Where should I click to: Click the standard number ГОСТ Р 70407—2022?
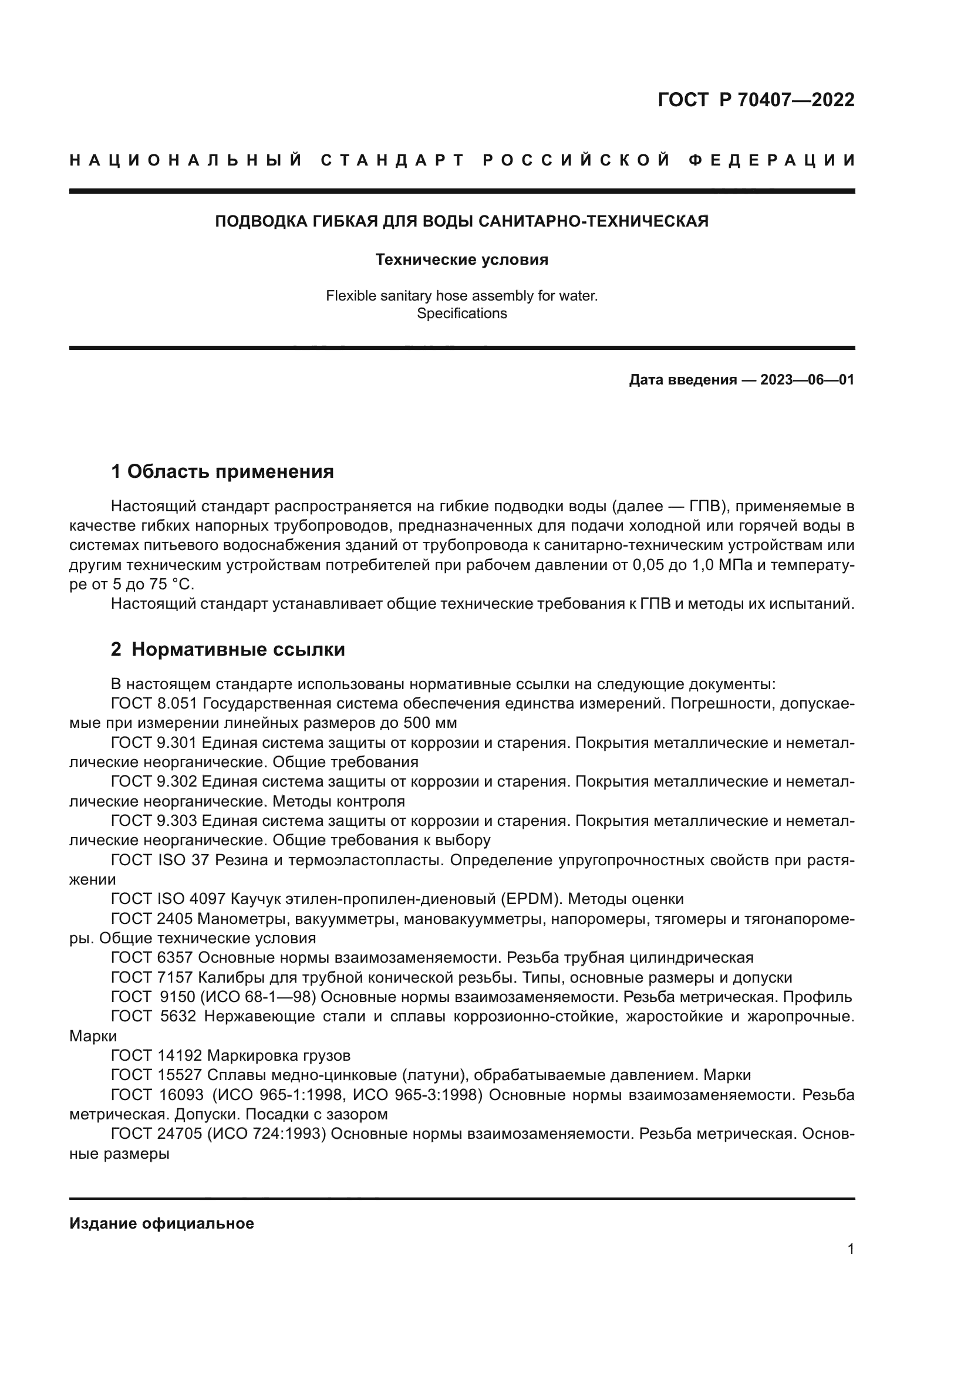(x=756, y=100)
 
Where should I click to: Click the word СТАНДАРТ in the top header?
(x=392, y=160)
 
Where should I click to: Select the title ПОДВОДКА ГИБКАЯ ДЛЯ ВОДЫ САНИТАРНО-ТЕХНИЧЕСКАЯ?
(x=461, y=222)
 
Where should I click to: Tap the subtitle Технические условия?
(x=461, y=260)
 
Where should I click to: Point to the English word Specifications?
(x=461, y=313)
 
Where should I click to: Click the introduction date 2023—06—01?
(x=807, y=380)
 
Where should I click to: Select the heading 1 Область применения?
(x=222, y=472)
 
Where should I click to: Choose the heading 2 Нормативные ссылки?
(x=228, y=649)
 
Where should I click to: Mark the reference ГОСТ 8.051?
(x=153, y=704)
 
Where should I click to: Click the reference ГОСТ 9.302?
(x=153, y=781)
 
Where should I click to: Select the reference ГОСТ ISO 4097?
(x=168, y=899)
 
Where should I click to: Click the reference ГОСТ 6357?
(x=152, y=957)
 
